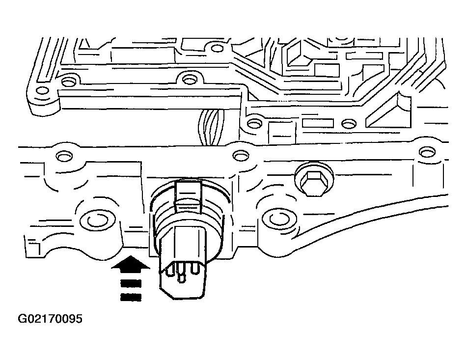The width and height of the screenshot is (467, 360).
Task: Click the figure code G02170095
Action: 51,319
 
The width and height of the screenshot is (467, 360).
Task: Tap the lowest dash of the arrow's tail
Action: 130,296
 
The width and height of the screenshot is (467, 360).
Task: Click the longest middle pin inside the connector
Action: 183,274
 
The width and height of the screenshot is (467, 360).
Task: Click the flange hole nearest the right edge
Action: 425,152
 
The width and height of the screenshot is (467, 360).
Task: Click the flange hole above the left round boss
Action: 63,156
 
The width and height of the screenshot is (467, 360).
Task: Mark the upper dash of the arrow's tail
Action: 130,283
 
